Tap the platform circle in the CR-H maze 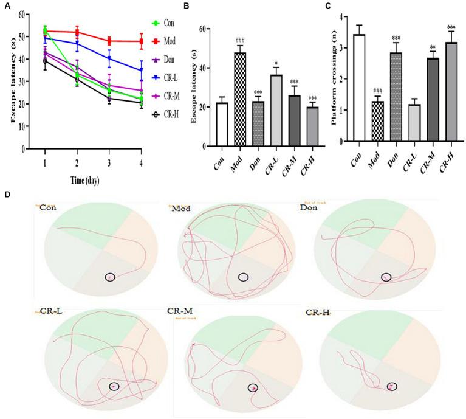[392, 386]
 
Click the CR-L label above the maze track [51, 313]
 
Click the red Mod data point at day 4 [141, 41]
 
